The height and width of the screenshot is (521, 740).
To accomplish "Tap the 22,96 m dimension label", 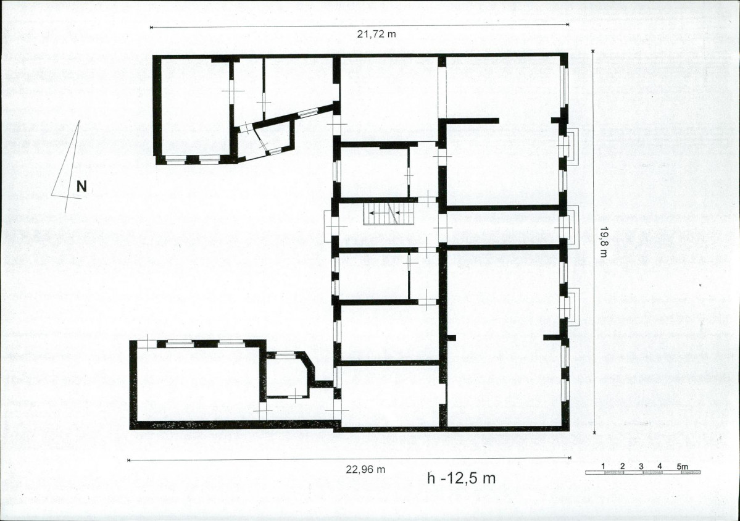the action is (x=365, y=470).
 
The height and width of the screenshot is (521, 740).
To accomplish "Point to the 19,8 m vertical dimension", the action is (x=602, y=241).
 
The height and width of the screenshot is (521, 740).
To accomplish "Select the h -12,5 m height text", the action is (x=461, y=478).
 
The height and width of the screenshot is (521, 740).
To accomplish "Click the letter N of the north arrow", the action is (x=81, y=186).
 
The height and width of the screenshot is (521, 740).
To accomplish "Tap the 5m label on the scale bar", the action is (x=682, y=466).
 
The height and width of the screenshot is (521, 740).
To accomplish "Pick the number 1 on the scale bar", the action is (x=604, y=466).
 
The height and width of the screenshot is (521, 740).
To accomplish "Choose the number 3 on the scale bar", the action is (x=641, y=466).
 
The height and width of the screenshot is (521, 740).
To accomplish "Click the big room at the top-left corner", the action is (x=196, y=107).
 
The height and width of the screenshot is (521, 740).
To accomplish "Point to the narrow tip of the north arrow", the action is (x=79, y=121).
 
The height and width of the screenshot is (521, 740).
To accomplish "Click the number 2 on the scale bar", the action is (x=623, y=466).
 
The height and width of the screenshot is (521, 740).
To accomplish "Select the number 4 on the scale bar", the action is (x=659, y=466).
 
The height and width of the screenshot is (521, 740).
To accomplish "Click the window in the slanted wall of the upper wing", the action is (x=308, y=113).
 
